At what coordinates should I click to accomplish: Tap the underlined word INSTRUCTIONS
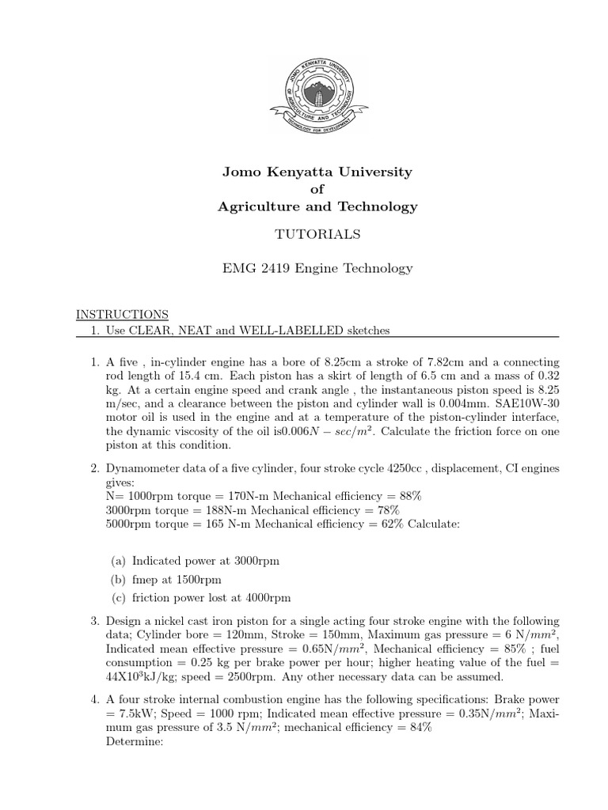point(122,314)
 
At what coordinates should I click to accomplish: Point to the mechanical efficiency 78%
point(409,510)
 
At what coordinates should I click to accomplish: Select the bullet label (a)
point(119,561)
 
